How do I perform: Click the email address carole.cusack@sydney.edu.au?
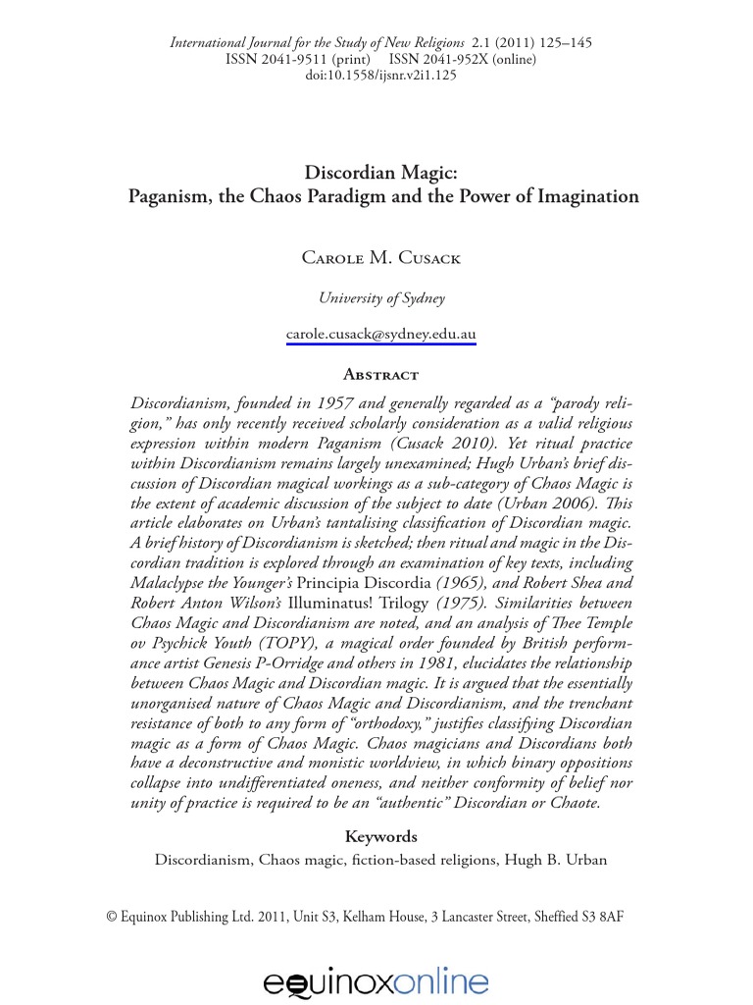[x=380, y=334]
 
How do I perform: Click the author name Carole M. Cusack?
[x=380, y=258]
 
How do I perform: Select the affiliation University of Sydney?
[x=380, y=298]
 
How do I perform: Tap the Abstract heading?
[x=380, y=374]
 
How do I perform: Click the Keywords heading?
[x=380, y=836]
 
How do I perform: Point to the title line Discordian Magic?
[x=382, y=172]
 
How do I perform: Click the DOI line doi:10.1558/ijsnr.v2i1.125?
[x=380, y=77]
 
